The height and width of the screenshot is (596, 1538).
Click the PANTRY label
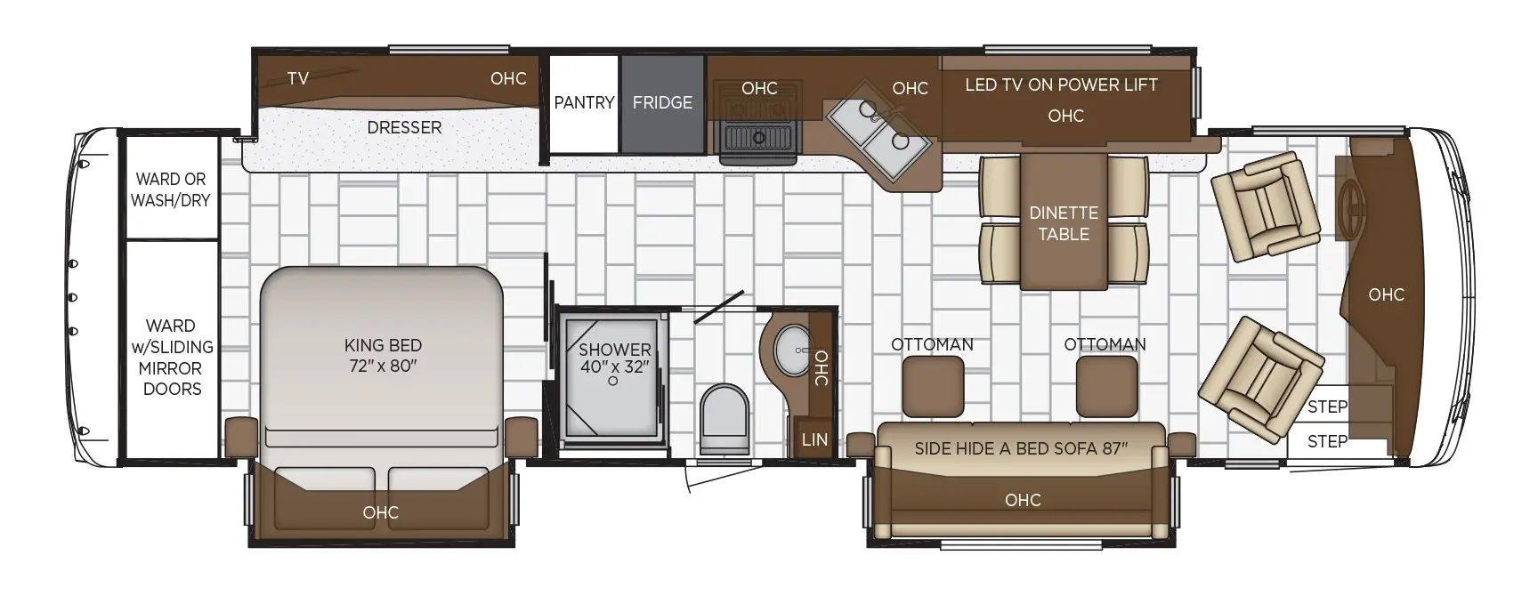tap(584, 102)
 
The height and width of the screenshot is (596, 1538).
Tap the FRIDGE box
tap(663, 104)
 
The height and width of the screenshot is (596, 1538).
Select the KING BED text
tap(383, 345)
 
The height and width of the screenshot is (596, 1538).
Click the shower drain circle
tap(613, 381)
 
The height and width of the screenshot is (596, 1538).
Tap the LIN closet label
tap(814, 439)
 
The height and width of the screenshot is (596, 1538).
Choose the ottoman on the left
tap(934, 387)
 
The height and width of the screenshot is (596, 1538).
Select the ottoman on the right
tap(1106, 387)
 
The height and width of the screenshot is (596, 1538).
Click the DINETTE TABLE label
tap(1064, 223)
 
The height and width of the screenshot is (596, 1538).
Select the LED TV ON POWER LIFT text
tap(1061, 85)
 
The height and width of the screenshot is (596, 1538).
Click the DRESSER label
tap(404, 127)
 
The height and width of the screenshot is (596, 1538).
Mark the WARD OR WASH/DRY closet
tap(171, 188)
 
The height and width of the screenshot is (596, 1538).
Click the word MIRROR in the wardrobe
tap(170, 367)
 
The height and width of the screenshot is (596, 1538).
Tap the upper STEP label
tap(1327, 407)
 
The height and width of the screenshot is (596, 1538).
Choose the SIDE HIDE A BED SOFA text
tap(1021, 448)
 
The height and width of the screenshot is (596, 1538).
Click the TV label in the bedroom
tap(298, 78)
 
